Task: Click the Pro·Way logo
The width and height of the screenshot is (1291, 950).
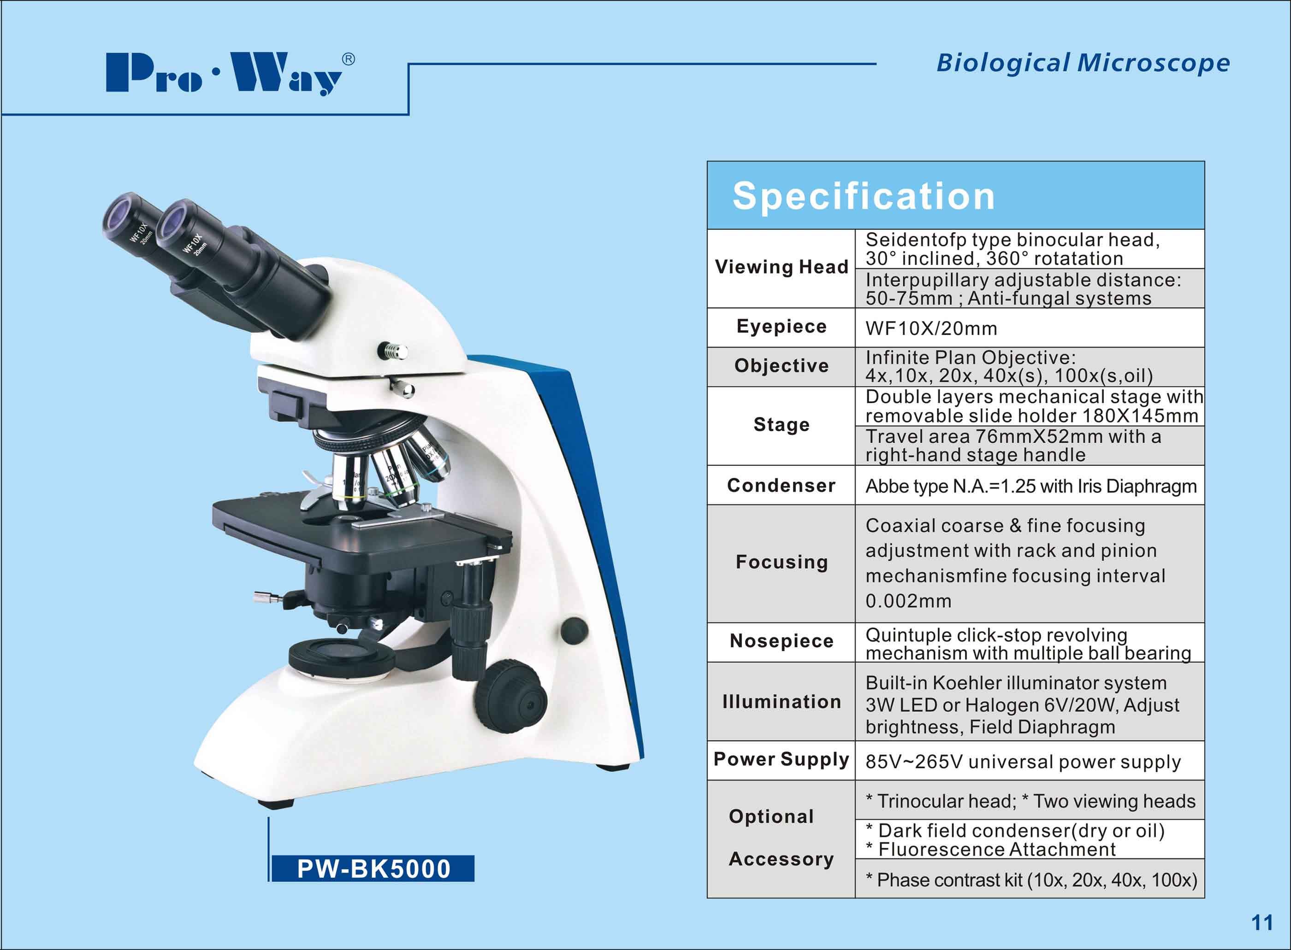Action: (230, 74)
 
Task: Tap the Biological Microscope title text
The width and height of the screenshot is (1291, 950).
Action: (1083, 63)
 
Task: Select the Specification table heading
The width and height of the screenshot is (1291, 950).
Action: (863, 196)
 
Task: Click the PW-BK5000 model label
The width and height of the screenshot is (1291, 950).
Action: (373, 869)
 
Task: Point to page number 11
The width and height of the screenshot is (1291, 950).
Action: (1262, 923)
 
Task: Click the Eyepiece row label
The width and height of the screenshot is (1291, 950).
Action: (782, 327)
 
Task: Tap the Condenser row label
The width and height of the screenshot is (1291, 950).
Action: (781, 485)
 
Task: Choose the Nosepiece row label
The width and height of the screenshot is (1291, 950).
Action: (782, 641)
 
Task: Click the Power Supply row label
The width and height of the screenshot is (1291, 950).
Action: (781, 760)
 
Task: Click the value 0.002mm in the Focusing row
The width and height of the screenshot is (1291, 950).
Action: (909, 601)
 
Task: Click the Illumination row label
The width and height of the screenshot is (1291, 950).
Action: (782, 702)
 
